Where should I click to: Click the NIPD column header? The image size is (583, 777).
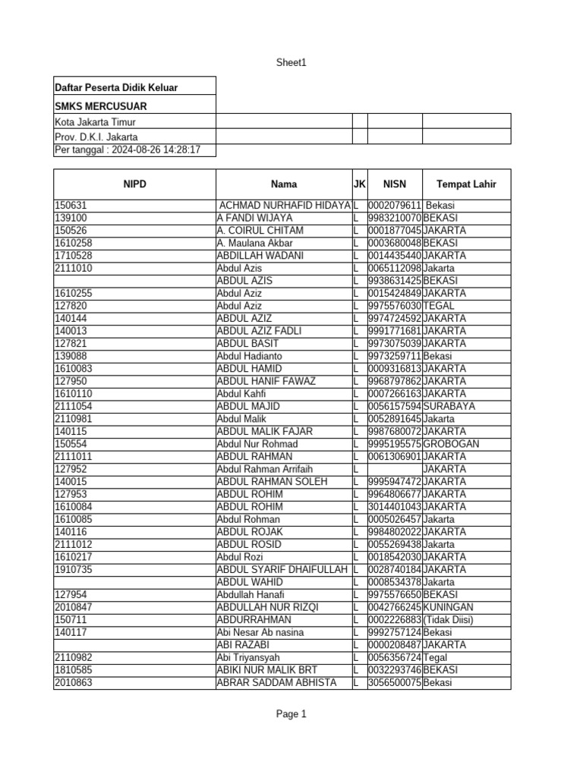coord(134,184)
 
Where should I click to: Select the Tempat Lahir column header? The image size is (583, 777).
coord(466,184)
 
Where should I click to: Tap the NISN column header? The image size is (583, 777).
coord(395,184)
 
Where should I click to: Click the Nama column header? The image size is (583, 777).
coord(284,184)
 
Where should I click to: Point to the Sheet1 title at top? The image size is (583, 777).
coord(291,63)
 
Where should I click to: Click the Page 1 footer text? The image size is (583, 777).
coord(291,714)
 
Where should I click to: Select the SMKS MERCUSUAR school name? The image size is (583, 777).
coord(101,106)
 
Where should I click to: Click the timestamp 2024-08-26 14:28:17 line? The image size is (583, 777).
coord(128,150)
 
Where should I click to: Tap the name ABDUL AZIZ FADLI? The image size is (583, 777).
coord(254,331)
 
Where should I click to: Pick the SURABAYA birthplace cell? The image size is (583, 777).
coord(449,407)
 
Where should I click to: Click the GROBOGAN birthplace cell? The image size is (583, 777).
coord(451,444)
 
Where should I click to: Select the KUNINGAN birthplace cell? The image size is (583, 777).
coord(449,607)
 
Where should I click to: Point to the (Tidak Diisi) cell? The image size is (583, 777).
coord(449,620)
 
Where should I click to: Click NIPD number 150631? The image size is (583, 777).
coord(71,206)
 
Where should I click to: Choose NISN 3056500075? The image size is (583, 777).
coord(395,683)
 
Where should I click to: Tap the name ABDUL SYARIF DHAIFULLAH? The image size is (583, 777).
coord(282,569)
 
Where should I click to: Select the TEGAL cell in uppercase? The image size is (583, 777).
coord(439,306)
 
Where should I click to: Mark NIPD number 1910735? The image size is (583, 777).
coord(74,569)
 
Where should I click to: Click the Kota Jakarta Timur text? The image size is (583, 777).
coord(95,122)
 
